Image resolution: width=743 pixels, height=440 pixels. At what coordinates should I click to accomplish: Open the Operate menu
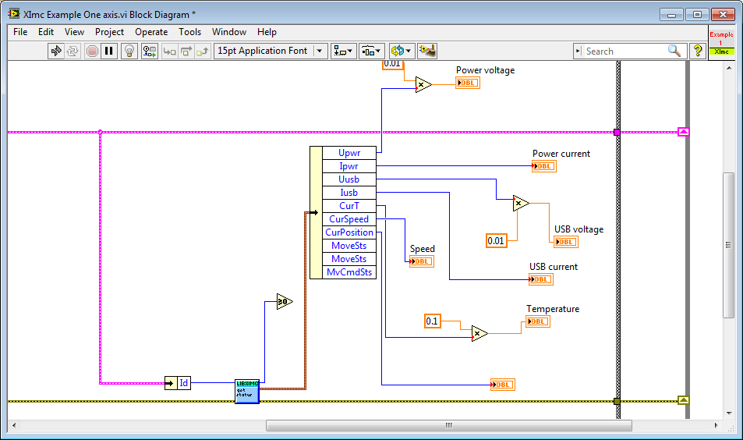[x=151, y=32]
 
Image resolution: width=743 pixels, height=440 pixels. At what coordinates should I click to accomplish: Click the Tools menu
[x=189, y=32]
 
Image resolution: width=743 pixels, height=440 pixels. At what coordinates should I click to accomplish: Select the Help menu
[x=267, y=32]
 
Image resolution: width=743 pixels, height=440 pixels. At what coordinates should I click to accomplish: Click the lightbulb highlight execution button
[x=129, y=51]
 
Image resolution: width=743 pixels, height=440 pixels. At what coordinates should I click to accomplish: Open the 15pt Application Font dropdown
[x=271, y=51]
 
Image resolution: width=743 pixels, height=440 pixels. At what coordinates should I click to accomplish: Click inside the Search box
[x=624, y=51]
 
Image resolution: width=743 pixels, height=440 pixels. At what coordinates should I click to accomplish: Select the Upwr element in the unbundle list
[x=349, y=153]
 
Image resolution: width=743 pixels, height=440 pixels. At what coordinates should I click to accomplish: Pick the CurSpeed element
[x=349, y=219]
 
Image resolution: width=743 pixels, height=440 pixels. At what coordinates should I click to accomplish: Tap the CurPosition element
[x=349, y=232]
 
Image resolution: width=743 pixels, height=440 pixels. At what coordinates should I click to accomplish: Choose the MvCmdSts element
[x=349, y=272]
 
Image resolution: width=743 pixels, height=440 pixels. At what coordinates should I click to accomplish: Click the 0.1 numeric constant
[x=432, y=321]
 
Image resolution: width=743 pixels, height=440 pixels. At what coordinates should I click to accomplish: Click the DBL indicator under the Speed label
[x=422, y=261]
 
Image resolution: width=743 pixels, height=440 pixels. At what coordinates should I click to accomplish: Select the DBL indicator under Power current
[x=544, y=166]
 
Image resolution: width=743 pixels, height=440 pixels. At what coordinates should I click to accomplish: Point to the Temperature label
[x=552, y=309]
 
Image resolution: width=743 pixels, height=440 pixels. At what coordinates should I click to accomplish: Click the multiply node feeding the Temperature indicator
[x=479, y=334]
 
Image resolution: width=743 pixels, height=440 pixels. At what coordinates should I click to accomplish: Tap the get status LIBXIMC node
[x=246, y=391]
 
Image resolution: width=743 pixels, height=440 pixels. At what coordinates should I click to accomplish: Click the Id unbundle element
[x=183, y=383]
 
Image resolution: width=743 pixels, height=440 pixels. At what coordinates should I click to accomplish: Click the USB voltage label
[x=578, y=229]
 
